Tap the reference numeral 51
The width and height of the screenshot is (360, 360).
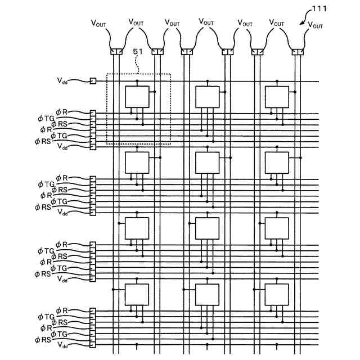click(x=138, y=52)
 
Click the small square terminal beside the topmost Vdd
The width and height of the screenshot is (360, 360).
click(x=93, y=81)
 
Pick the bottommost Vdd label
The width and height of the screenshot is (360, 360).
click(x=62, y=345)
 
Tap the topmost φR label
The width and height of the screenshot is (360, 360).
click(x=61, y=114)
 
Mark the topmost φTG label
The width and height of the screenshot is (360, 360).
click(x=46, y=119)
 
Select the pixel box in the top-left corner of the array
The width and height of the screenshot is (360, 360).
click(x=137, y=97)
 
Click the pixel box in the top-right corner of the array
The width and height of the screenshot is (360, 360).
click(x=277, y=97)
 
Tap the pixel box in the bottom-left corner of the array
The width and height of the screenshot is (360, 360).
click(x=137, y=294)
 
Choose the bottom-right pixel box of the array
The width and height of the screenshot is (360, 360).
click(x=277, y=294)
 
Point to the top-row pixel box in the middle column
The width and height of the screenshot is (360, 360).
click(x=207, y=97)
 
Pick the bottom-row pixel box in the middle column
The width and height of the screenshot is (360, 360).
click(x=207, y=294)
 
